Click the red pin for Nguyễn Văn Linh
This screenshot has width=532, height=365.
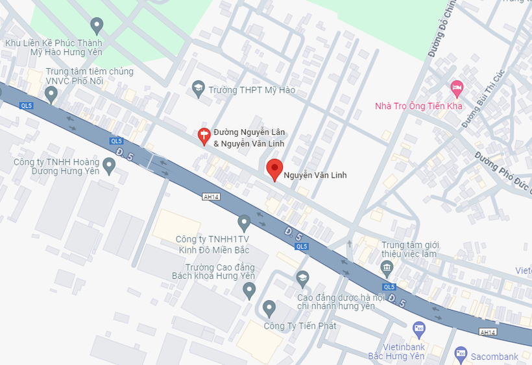click(x=275, y=169)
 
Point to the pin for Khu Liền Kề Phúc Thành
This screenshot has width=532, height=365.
click(x=97, y=25)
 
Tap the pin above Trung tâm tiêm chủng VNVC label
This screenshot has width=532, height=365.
click(x=51, y=95)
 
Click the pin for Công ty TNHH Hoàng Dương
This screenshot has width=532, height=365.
click(x=110, y=166)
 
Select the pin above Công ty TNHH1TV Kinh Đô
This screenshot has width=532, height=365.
click(x=244, y=223)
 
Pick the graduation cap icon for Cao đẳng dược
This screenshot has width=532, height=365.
click(x=302, y=279)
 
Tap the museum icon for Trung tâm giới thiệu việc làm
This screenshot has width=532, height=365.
click(x=387, y=267)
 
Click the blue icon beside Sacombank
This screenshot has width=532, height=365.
click(x=461, y=353)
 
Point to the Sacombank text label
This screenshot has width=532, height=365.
click(x=494, y=357)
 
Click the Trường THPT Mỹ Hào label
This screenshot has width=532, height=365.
click(x=252, y=90)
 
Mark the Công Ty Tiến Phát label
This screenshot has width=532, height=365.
click(x=300, y=325)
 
